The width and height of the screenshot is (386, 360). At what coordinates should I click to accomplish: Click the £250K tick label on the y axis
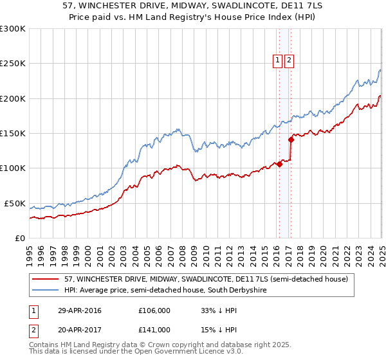(x=13, y=64)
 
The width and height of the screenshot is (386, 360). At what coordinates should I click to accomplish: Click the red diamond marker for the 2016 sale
(x=280, y=164)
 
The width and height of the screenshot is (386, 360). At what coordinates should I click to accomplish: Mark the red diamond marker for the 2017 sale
(x=291, y=139)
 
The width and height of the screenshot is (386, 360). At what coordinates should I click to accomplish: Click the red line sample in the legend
(x=45, y=279)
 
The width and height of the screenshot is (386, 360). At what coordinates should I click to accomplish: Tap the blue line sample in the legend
(x=45, y=291)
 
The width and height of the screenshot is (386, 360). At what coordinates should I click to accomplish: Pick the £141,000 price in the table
(x=154, y=330)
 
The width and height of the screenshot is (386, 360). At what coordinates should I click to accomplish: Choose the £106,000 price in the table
(x=154, y=310)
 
